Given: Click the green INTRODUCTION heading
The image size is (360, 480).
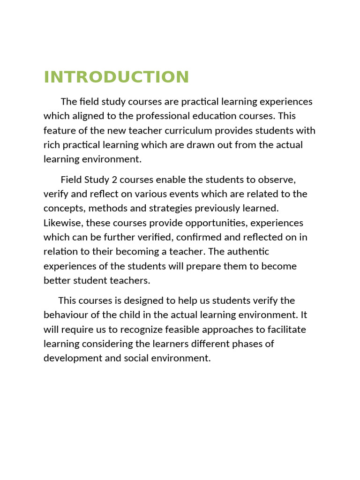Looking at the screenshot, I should click(116, 77).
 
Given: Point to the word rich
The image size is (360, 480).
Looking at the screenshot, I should click(52, 145).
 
